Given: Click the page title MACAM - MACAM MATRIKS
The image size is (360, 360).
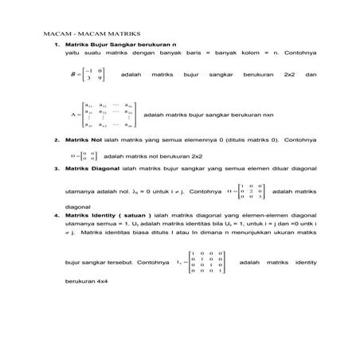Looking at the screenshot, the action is click(92, 37).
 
